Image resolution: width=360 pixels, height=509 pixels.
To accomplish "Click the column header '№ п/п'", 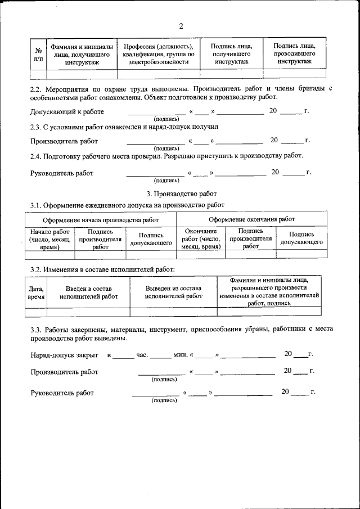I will pos(38,54).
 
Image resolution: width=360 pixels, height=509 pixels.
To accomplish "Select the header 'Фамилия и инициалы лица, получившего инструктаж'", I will pos(82,54).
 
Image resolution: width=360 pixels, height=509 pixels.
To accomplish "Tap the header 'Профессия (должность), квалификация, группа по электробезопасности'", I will pos(159,54).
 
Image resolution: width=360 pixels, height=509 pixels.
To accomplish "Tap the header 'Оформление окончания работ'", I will pos(251,219).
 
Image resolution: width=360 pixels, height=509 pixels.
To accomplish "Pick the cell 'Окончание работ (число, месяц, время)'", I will pos(200,239).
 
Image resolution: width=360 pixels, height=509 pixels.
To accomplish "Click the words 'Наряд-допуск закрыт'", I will pos(64,355).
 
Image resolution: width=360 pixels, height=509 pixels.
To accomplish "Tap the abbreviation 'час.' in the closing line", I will pos(142,355).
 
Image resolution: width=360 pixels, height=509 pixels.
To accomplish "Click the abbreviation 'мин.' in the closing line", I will pos(180,355).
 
